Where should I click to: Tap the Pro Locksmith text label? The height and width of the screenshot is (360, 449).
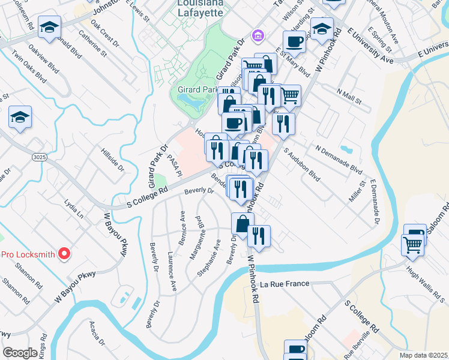[x=28, y=254]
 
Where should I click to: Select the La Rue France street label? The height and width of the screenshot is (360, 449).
[x=284, y=284]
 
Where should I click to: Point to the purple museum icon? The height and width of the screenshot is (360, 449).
[x=258, y=37]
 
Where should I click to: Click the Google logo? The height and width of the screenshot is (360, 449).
[x=20, y=353]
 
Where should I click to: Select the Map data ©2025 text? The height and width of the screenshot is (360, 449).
[x=423, y=355]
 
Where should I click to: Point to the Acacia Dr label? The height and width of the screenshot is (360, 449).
[x=97, y=333]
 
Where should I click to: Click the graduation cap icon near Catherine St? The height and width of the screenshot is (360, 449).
[x=49, y=26]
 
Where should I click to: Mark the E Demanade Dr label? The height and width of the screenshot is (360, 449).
[x=375, y=200]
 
